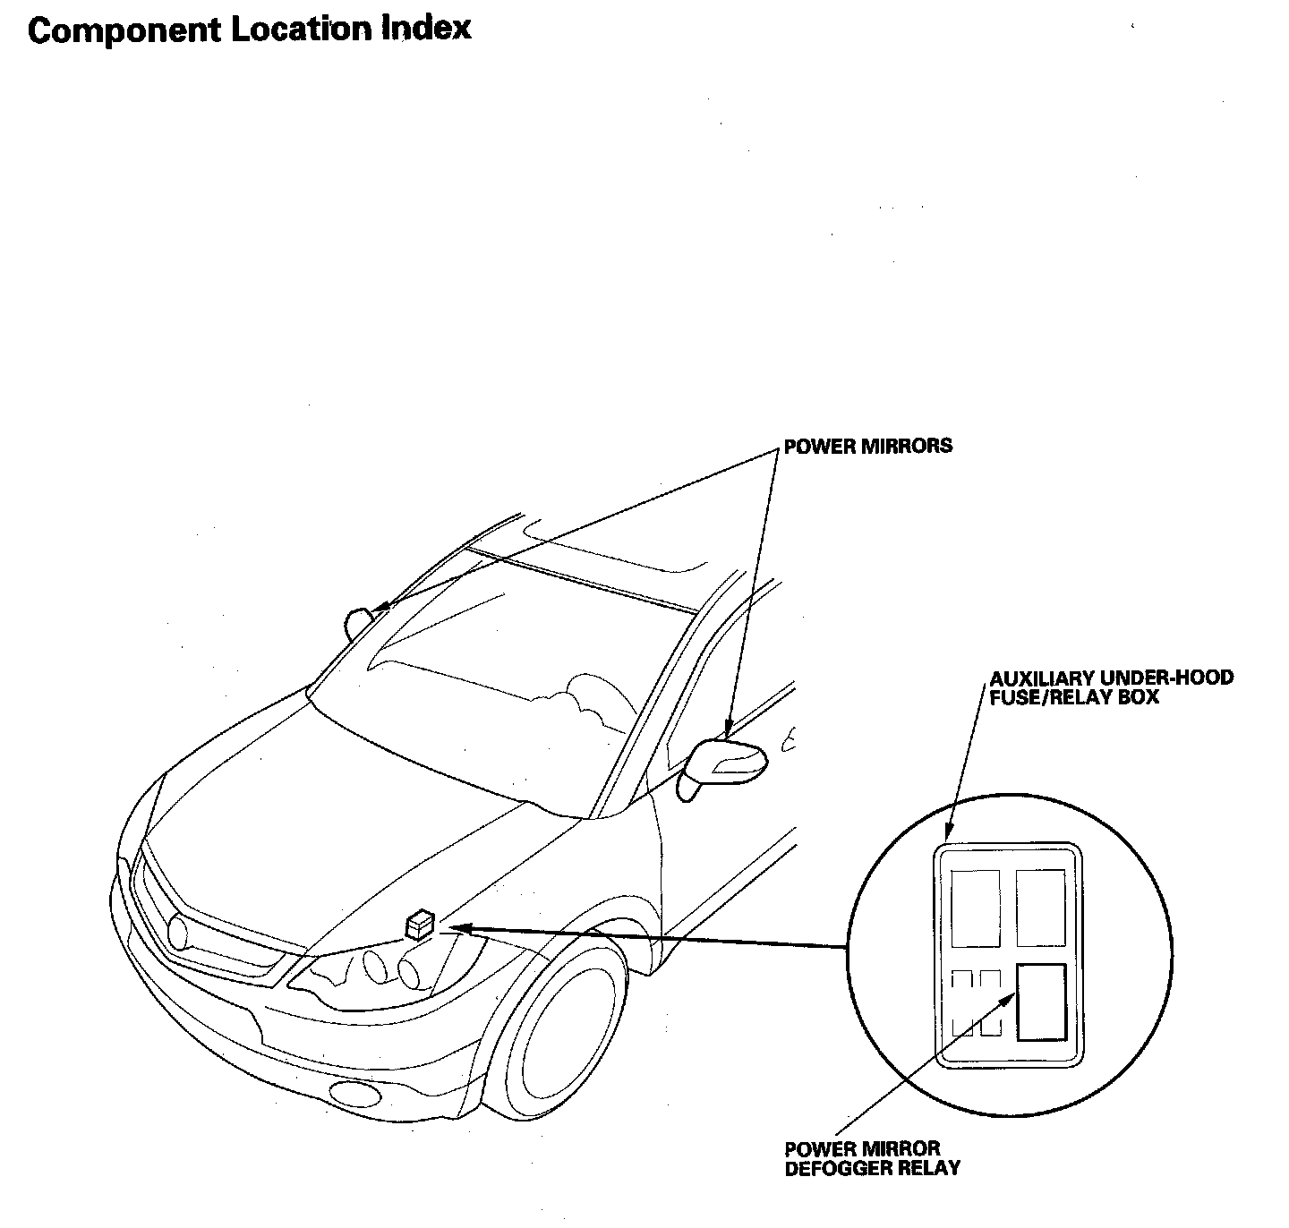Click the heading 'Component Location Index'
click(249, 30)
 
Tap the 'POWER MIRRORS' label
click(867, 446)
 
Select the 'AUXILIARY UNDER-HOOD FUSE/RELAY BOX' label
click(1111, 686)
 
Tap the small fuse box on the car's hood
click(420, 924)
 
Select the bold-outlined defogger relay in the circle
click(1041, 1002)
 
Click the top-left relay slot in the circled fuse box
click(975, 908)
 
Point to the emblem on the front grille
click(178, 932)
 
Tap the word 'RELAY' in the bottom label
click(930, 1168)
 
